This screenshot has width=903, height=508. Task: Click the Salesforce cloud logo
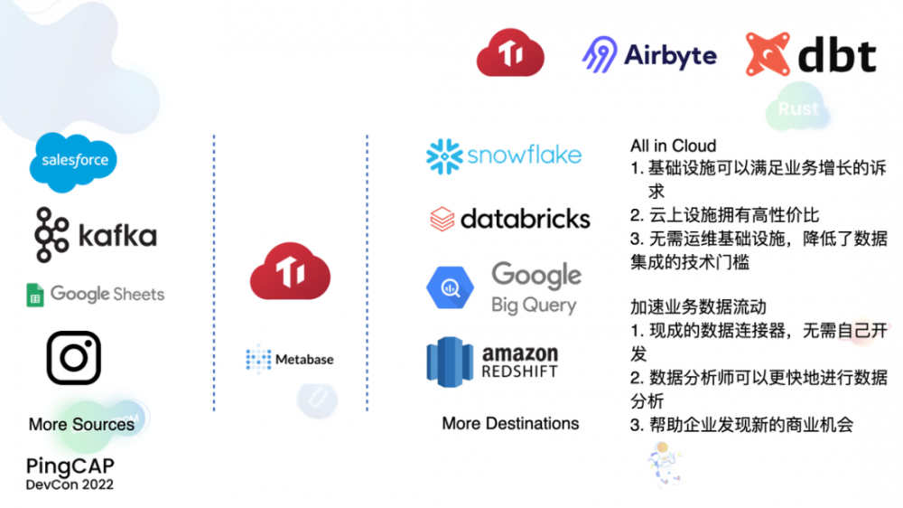[x=74, y=161]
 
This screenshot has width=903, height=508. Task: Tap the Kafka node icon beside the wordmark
[x=52, y=235]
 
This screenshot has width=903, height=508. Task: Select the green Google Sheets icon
[x=35, y=295]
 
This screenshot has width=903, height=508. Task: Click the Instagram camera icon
[x=73, y=357]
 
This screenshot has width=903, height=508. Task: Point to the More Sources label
[x=81, y=424]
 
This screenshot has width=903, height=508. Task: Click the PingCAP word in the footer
[x=70, y=466]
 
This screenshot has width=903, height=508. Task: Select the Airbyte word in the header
[x=670, y=55]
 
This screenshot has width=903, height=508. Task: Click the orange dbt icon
[x=768, y=54]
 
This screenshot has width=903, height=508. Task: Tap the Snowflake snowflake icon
[x=444, y=156]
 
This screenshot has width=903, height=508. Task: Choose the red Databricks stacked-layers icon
[x=442, y=219]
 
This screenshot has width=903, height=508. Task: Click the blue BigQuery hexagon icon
[x=451, y=288]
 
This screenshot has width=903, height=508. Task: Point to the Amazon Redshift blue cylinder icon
[x=450, y=362]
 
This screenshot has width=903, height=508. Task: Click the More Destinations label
[x=510, y=423]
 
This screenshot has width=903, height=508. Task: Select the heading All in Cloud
[x=673, y=146]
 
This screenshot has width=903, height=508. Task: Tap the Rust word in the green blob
[x=798, y=109]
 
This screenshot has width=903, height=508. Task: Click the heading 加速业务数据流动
[x=701, y=307]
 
